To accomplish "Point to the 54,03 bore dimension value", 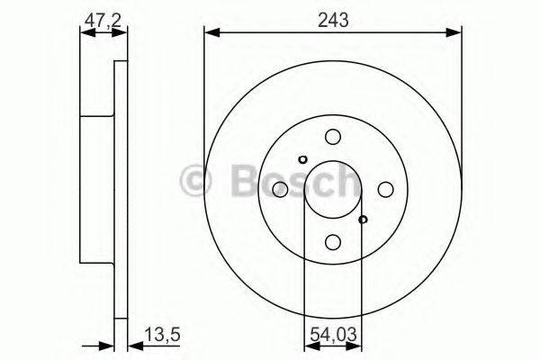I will point(332,339).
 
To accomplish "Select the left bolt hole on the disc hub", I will point(280,189).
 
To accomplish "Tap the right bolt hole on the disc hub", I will point(385,189).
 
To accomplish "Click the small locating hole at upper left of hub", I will point(302,159).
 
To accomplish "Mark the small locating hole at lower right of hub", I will point(363,219).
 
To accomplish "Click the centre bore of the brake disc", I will point(333,189).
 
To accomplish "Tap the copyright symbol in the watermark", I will point(195,180).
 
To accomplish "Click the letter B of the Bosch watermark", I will point(238,180).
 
